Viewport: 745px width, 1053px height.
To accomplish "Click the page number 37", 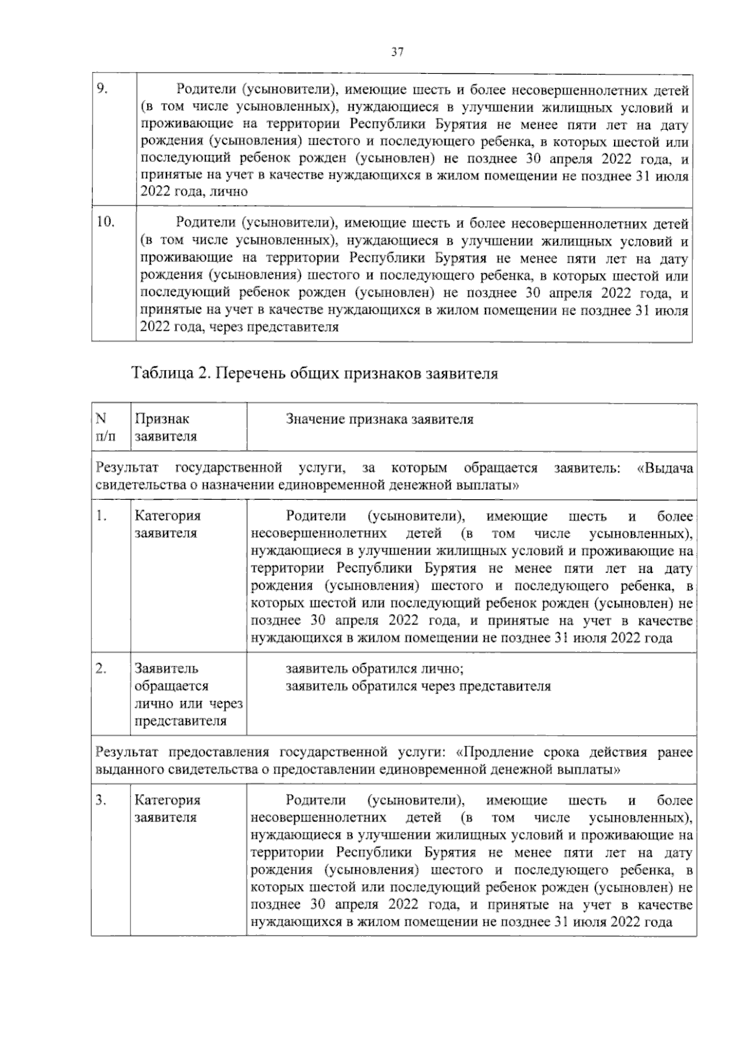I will tap(397, 53).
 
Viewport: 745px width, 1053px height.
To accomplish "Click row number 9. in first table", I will tap(102, 89).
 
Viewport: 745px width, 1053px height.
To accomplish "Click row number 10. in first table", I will tap(105, 222).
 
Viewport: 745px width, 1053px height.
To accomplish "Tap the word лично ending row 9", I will tap(230, 192).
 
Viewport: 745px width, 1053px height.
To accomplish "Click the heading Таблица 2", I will tap(314, 374).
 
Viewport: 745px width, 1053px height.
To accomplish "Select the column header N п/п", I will tap(102, 427).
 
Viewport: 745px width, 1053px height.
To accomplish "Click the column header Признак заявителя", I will tap(166, 427).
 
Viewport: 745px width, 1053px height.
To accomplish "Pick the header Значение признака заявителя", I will tap(379, 419).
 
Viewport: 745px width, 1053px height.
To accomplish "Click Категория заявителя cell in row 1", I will tap(168, 524).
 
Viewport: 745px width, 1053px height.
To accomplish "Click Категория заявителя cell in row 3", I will tap(168, 808).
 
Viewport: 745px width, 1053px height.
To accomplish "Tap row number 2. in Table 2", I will tap(101, 669).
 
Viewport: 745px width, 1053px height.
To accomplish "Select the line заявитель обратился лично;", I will tap(374, 669).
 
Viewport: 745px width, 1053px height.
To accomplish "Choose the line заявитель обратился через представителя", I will tap(418, 687).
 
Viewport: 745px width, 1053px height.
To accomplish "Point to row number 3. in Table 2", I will tap(101, 800).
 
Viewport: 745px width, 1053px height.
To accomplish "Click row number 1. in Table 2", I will tap(101, 516).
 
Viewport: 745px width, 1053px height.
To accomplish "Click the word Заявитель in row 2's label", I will tap(166, 669).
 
